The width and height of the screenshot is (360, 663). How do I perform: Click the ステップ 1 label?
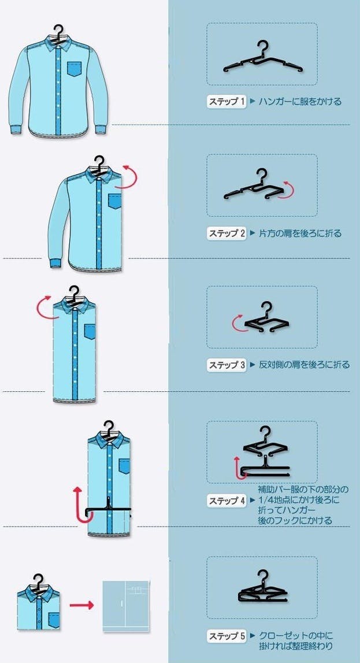[227, 102]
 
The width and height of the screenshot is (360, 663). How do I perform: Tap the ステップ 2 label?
[227, 233]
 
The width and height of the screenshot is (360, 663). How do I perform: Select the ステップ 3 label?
[227, 365]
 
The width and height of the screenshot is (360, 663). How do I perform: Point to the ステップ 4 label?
[227, 501]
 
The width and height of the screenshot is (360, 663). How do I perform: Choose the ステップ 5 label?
[227, 635]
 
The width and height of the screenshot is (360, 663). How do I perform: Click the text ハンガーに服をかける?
[300, 102]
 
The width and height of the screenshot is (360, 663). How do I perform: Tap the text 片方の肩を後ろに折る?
[300, 233]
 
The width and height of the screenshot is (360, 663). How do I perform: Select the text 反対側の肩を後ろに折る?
[304, 365]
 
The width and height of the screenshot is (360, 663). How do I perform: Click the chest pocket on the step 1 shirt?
[75, 69]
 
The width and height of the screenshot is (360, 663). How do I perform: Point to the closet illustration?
[126, 606]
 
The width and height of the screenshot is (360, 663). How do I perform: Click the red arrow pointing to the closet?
[81, 606]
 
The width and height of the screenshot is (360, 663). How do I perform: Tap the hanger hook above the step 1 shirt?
[59, 32]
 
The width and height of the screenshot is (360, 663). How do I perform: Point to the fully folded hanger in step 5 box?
[262, 588]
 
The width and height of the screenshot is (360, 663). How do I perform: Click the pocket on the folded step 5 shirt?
[54, 620]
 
